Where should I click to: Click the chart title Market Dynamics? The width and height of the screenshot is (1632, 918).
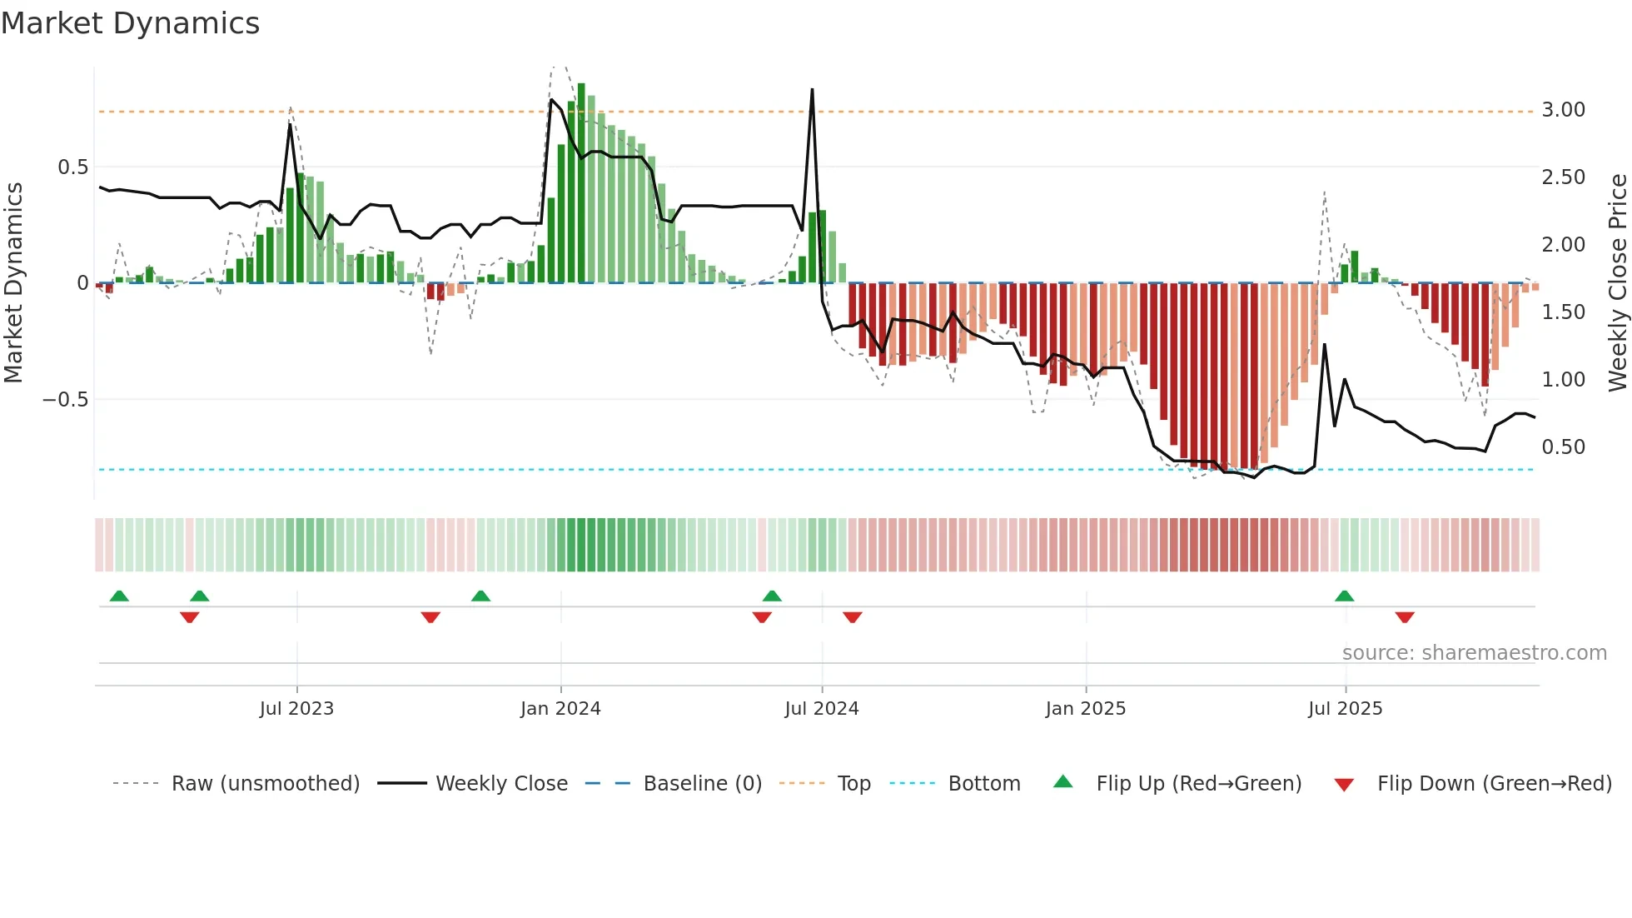[x=130, y=23]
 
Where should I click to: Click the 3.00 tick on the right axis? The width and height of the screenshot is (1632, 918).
[x=1563, y=110]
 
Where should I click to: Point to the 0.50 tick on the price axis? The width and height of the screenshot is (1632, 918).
[x=1563, y=447]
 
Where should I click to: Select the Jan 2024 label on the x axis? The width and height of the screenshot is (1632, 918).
[x=560, y=709]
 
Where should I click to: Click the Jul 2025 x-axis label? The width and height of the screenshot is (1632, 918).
[x=1345, y=709]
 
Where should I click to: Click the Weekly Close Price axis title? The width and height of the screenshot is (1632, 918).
[x=1617, y=283]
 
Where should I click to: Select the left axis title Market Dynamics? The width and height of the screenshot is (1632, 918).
[x=14, y=283]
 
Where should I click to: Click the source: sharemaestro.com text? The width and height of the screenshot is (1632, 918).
[x=1474, y=653]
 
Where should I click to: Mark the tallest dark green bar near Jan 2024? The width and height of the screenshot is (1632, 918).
[x=581, y=183]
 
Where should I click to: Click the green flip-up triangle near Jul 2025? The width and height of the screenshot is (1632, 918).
[x=1344, y=596]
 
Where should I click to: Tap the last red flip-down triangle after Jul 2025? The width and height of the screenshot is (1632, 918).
[x=1405, y=617]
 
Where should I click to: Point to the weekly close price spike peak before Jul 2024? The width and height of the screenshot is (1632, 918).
[x=812, y=90]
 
